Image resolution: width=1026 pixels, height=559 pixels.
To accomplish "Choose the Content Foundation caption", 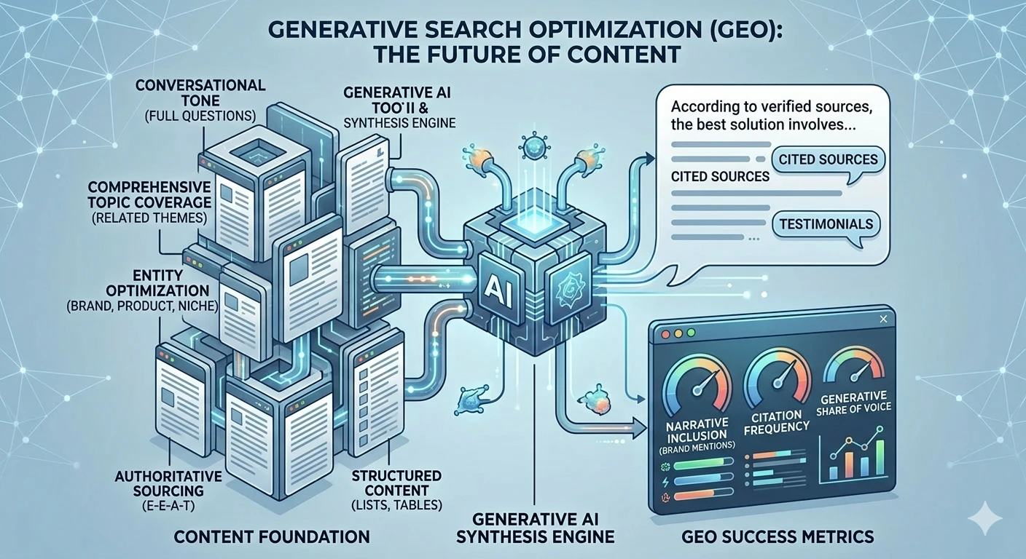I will [271, 537].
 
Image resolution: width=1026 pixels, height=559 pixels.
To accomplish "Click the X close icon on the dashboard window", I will [883, 319].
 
